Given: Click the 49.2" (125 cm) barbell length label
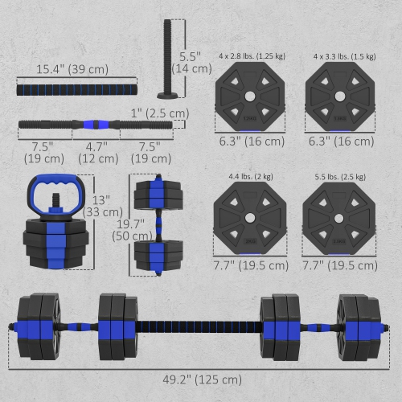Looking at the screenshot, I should coord(199,379).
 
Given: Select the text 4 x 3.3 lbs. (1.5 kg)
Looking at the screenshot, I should coord(344,57).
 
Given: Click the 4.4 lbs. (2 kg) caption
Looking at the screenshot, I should coord(246,174).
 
